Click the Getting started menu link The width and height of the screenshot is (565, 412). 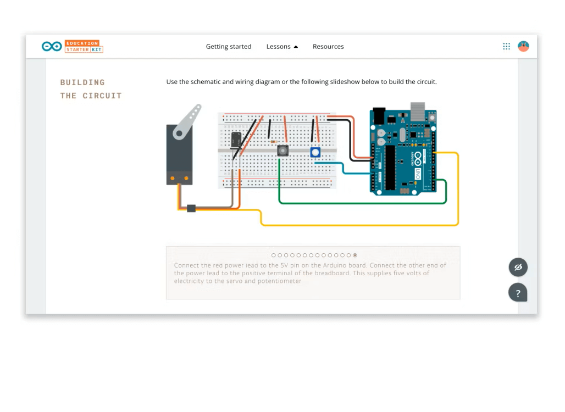tap(229, 47)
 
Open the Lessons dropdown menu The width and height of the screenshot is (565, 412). tap(282, 47)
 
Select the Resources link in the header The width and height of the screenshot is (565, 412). tap(328, 47)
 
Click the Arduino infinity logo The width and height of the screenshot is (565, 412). tap(52, 47)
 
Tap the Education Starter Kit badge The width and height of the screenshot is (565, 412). tap(84, 47)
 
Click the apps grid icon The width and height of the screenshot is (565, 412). tap(506, 46)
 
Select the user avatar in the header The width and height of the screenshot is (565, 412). tap(523, 46)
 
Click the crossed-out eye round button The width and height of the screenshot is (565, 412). tap(518, 267)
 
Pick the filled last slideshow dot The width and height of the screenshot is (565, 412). tap(355, 255)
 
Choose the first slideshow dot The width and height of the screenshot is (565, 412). tap(274, 255)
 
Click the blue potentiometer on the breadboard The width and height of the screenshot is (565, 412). tap(315, 152)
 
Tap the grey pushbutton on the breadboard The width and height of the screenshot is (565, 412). tap(282, 151)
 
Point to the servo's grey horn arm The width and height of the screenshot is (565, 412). tap(187, 122)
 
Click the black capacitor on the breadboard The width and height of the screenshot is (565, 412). tap(236, 140)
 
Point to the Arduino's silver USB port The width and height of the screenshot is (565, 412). tap(418, 112)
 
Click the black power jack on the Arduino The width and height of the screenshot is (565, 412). tap(379, 116)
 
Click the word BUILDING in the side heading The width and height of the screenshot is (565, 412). tap(82, 82)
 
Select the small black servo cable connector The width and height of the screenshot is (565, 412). tap(191, 208)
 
